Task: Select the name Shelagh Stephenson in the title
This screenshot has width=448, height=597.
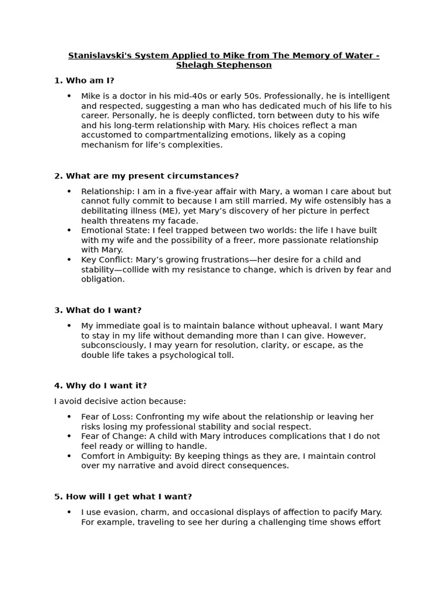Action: pyautogui.click(x=224, y=65)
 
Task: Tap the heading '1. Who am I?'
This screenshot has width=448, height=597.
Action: pyautogui.click(x=84, y=80)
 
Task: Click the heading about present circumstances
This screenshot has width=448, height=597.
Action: pyautogui.click(x=146, y=176)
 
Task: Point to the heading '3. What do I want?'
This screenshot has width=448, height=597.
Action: pyautogui.click(x=98, y=310)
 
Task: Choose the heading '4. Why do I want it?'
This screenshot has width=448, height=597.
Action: pyautogui.click(x=100, y=385)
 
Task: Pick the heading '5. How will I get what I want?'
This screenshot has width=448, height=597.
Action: pyautogui.click(x=123, y=497)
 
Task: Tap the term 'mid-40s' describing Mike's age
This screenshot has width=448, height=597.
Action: pyautogui.click(x=177, y=96)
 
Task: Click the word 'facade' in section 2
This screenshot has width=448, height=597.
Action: pyautogui.click(x=185, y=220)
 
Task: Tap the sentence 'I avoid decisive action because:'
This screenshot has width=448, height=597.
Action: pyautogui.click(x=120, y=401)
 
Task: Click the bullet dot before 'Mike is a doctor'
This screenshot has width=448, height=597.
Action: pyautogui.click(x=69, y=96)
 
